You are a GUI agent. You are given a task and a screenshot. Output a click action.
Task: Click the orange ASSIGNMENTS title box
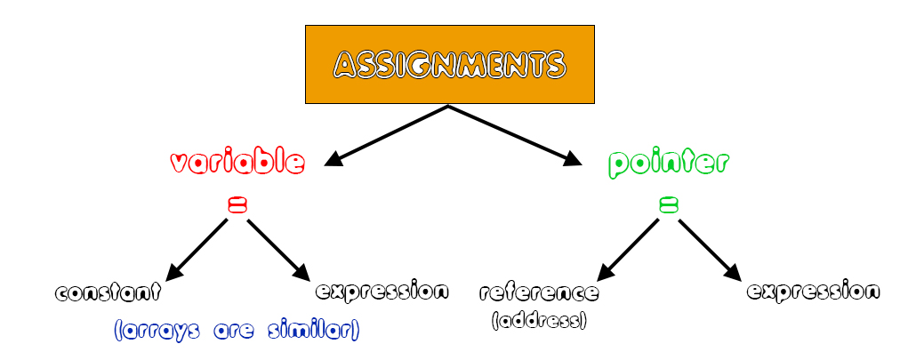coord(449,64)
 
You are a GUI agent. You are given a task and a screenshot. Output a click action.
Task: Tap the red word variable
coord(237,163)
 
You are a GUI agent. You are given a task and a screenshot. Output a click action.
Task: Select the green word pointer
coord(669,163)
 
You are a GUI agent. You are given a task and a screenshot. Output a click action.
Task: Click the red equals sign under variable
coord(237,206)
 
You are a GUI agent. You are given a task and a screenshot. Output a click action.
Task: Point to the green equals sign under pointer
coord(668,206)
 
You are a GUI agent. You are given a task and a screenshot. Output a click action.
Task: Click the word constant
coord(108,292)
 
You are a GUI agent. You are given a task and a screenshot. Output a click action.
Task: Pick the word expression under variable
coord(382,291)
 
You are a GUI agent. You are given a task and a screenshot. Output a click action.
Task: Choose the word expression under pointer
coord(814,291)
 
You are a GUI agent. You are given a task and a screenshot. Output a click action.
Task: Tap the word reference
coord(539,292)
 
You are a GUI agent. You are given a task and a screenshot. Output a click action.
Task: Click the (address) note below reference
coord(539,320)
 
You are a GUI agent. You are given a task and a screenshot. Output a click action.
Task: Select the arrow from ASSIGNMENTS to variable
coord(387,135)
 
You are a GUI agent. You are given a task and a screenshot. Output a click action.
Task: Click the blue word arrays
coord(157,332)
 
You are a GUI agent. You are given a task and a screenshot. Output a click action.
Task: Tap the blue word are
coord(234,332)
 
